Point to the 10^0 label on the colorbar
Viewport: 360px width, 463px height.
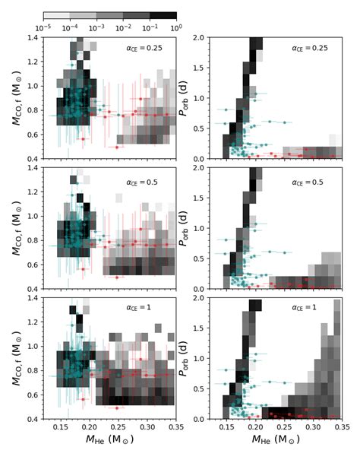pyautogui.click(x=176, y=27)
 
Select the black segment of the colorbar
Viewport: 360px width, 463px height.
pyautogui.click(x=163, y=15)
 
